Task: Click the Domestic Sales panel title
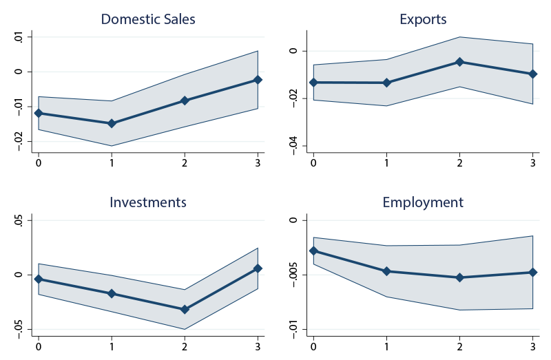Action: click(x=148, y=19)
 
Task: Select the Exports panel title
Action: click(x=423, y=19)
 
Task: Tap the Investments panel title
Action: click(x=148, y=202)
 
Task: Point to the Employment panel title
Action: click(x=423, y=202)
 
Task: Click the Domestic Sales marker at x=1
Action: click(x=111, y=123)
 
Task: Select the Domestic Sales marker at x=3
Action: click(x=258, y=80)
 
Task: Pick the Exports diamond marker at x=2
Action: click(x=459, y=62)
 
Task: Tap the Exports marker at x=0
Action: click(x=313, y=83)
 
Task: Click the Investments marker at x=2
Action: click(x=185, y=310)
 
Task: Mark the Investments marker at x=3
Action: click(x=258, y=268)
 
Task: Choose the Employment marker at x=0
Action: click(x=313, y=251)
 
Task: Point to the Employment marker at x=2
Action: click(x=459, y=277)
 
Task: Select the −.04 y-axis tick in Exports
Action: click(x=293, y=144)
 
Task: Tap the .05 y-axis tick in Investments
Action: click(x=18, y=221)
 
